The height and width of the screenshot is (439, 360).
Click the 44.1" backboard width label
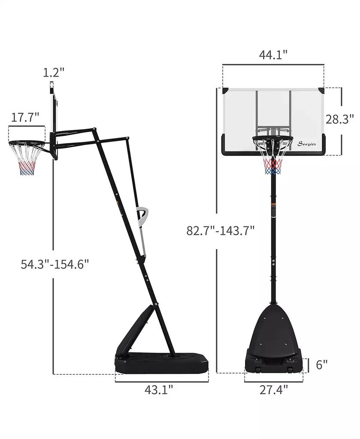point(273,55)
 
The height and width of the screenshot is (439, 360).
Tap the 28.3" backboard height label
point(339,119)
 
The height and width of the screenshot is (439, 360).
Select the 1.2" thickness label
point(53,72)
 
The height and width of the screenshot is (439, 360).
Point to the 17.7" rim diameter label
point(25,117)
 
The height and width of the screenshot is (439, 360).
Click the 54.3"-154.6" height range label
point(55,264)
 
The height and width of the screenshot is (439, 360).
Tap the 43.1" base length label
point(158,390)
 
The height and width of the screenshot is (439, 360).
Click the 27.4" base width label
point(273,390)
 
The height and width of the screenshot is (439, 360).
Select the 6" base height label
point(321,364)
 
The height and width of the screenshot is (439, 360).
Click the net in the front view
point(272,159)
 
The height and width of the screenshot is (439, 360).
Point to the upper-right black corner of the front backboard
point(321,91)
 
